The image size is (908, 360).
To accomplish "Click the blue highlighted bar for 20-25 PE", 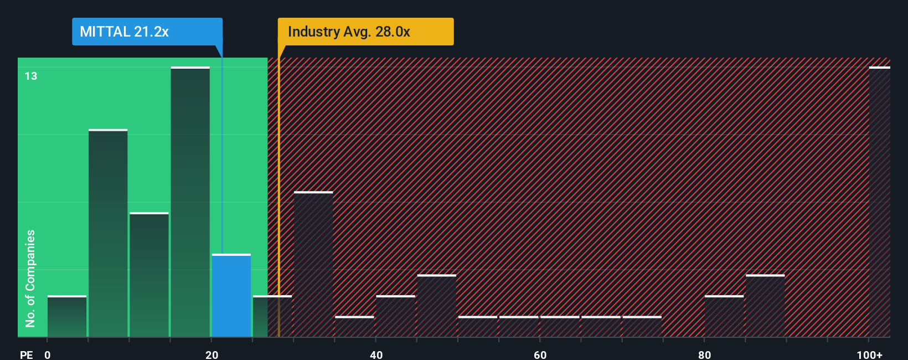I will [231, 296].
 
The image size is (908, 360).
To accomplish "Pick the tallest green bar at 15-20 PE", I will [190, 202].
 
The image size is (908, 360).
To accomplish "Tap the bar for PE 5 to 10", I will [108, 233].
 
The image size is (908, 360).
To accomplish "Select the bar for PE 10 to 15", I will [149, 275].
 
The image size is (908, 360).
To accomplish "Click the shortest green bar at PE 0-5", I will [67, 316].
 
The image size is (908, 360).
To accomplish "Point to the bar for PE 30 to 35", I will [313, 264].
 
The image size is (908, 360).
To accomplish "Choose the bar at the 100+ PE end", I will [879, 202].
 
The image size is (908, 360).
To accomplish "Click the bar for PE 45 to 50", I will [437, 306].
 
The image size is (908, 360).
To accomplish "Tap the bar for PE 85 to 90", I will [765, 306].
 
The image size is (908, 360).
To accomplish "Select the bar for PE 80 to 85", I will [724, 316].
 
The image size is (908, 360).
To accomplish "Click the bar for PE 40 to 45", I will [395, 316].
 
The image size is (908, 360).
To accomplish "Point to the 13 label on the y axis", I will [31, 76].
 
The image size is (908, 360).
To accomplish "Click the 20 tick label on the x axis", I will [211, 354].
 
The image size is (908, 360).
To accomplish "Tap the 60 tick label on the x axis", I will [540, 354].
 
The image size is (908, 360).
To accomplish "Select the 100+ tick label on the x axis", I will [869, 354].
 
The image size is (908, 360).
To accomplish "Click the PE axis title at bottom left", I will [26, 354].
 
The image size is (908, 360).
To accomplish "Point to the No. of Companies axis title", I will [30, 278].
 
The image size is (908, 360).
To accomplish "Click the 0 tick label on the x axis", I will [48, 354].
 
